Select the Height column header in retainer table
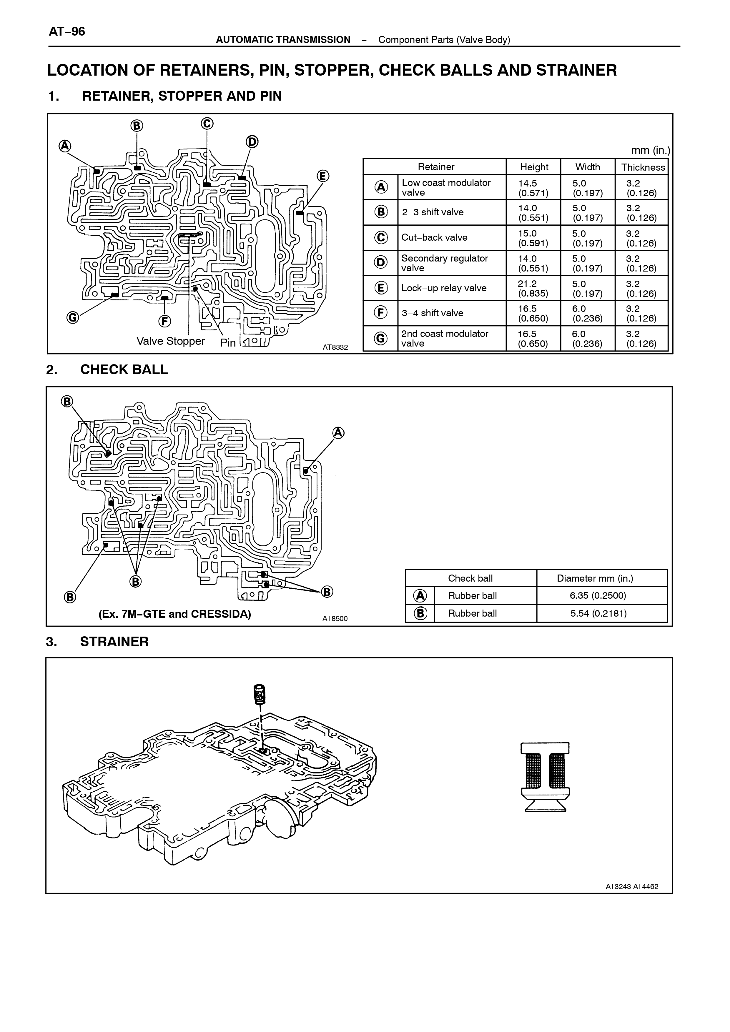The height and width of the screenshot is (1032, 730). pos(534,167)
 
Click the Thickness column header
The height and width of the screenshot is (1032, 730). pos(643,167)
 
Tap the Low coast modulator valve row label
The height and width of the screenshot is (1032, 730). pos(446,187)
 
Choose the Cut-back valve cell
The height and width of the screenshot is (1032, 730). pos(434,238)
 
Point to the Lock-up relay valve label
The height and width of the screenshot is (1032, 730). pos(444,288)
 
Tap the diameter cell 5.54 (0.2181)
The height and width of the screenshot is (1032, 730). pos(598,613)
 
